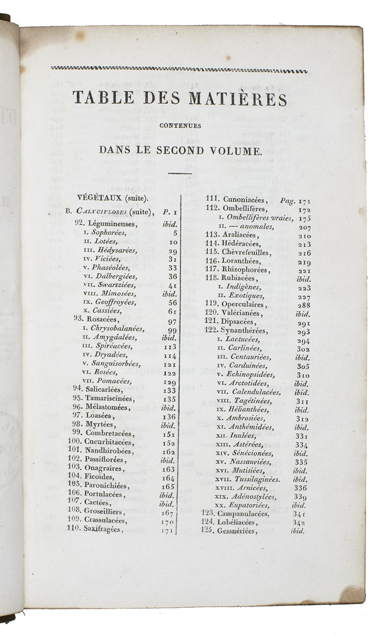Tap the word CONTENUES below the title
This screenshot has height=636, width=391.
click(179, 126)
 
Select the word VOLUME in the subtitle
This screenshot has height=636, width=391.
click(233, 150)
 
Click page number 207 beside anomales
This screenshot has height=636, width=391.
click(305, 227)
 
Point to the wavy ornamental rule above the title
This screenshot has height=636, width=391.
click(179, 70)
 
